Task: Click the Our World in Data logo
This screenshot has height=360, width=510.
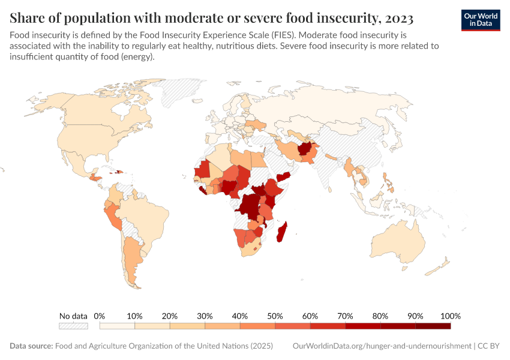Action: pos(481,20)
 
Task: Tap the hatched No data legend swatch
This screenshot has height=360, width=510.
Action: pos(73,326)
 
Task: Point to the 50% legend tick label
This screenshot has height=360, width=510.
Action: pos(275,316)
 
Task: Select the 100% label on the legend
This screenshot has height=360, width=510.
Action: pos(450,316)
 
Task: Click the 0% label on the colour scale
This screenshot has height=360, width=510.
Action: pos(100,316)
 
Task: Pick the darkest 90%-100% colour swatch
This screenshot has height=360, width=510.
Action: pos(433,326)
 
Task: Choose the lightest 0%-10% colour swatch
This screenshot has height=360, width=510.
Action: pos(117,326)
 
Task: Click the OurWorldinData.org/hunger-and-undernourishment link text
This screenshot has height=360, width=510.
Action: pos(382,346)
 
